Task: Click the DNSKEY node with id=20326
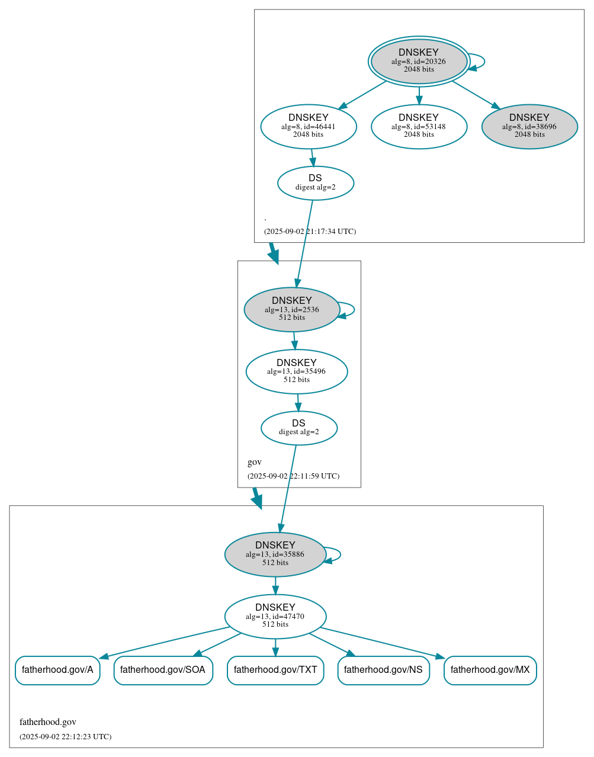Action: [x=419, y=61]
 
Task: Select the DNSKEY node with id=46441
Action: [x=308, y=126]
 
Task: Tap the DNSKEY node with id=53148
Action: [x=419, y=126]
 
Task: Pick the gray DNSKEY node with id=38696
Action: [x=529, y=126]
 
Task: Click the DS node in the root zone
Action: [x=315, y=183]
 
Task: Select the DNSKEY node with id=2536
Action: [x=291, y=309]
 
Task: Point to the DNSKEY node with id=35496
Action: [x=296, y=371]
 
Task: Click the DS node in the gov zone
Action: [x=298, y=428]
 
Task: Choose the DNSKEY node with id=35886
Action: [x=275, y=554]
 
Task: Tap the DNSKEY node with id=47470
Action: [x=275, y=616]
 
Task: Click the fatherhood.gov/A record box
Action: [x=57, y=670]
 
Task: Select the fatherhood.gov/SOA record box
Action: [x=163, y=670]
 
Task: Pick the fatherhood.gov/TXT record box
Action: [x=275, y=670]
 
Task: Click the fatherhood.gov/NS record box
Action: [x=383, y=670]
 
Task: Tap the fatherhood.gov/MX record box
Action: [x=490, y=670]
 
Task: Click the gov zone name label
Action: [x=255, y=462]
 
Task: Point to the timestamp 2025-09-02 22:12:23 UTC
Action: [x=65, y=737]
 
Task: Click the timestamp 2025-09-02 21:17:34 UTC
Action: [x=310, y=232]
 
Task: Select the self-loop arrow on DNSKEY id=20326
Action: [x=483, y=62]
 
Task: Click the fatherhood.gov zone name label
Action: [x=48, y=722]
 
